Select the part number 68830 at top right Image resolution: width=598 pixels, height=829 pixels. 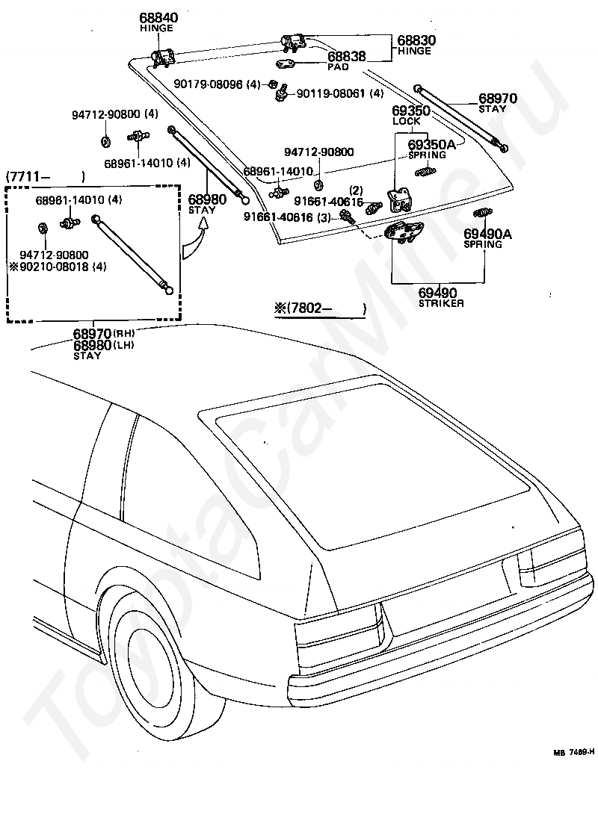pyautogui.click(x=416, y=40)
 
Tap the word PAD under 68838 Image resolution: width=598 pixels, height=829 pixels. pyautogui.click(x=338, y=67)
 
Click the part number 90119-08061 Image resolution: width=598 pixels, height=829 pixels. pyautogui.click(x=331, y=93)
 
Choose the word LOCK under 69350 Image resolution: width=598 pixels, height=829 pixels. pyautogui.click(x=407, y=121)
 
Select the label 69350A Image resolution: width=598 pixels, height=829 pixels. pyautogui.click(x=431, y=144)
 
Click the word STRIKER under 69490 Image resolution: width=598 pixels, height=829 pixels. pyautogui.click(x=441, y=303)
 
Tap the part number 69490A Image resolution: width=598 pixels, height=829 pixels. pyautogui.click(x=487, y=234)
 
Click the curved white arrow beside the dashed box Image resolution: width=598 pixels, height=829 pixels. pyautogui.click(x=195, y=240)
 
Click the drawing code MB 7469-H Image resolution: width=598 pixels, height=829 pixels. pyautogui.click(x=574, y=752)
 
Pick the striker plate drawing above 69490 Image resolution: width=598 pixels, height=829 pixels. pyautogui.click(x=405, y=232)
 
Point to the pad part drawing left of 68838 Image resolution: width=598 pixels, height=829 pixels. pyautogui.click(x=286, y=63)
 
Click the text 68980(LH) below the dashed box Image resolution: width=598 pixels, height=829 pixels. pyautogui.click(x=104, y=345)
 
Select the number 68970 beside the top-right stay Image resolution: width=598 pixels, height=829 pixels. pyautogui.click(x=498, y=99)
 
